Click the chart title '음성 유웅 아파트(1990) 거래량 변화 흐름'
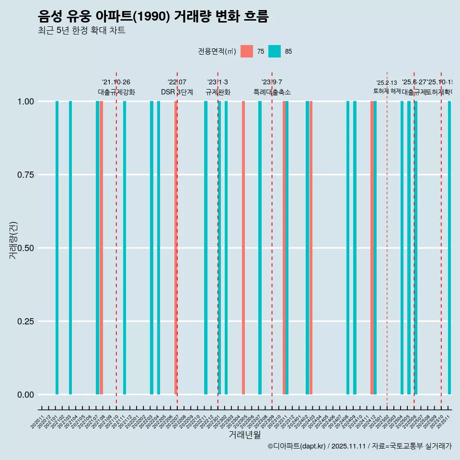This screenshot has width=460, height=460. coord(153,17)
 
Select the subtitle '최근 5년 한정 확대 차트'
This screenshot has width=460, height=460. coord(81,31)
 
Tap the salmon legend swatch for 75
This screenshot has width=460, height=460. coord(247,51)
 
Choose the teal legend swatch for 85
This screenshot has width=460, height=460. coord(274,51)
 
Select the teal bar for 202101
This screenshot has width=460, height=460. coord(57,248)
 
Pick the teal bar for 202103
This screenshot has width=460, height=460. coord(70,248)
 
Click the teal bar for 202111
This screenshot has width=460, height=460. coord(125,248)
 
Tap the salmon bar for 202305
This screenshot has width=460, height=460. coord(243,248)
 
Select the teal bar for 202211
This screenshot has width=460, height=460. coord(206,248)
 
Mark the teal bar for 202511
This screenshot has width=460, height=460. coord(449,248)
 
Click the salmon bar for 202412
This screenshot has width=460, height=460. coord(372,248)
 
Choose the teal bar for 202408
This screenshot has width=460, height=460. coord(348,248)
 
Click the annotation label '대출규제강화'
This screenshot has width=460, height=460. coord(116,92)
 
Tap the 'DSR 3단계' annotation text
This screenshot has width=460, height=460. coord(177,92)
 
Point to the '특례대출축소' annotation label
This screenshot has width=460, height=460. coord(272,92)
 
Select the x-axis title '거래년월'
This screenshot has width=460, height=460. coord(244,435)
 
